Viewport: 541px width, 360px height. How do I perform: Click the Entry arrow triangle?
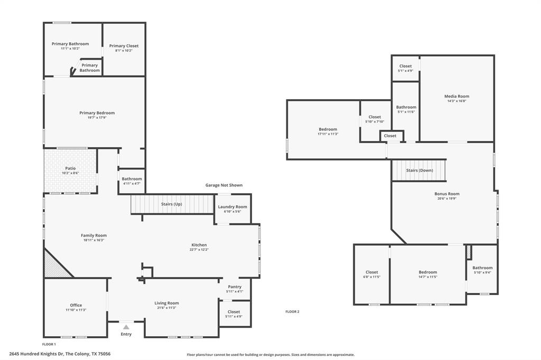pyautogui.click(x=126, y=327)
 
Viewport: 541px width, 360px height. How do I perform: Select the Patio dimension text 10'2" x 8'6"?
pyautogui.click(x=70, y=173)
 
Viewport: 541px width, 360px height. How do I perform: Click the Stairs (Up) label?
pyautogui.click(x=172, y=204)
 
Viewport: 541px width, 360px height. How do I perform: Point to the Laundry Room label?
pyautogui.click(x=232, y=207)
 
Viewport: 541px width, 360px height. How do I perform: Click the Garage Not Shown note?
pyautogui.click(x=224, y=185)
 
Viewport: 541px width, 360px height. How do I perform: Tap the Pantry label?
pyautogui.click(x=235, y=287)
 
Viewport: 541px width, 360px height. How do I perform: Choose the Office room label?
pyautogui.click(x=76, y=305)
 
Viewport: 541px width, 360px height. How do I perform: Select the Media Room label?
pyautogui.click(x=456, y=96)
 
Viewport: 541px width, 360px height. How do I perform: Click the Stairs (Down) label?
pyautogui.click(x=419, y=170)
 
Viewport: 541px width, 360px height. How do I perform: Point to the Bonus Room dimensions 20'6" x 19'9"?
pyautogui.click(x=447, y=198)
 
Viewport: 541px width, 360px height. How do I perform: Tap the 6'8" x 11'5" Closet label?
pyautogui.click(x=371, y=272)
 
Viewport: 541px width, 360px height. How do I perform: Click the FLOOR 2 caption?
pyautogui.click(x=292, y=312)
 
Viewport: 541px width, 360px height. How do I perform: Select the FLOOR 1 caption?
pyautogui.click(x=49, y=344)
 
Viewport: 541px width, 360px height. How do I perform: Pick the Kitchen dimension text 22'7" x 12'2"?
pyautogui.click(x=199, y=250)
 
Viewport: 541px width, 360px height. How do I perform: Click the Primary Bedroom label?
pyautogui.click(x=97, y=113)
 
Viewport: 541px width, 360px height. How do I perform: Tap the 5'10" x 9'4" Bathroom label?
pyautogui.click(x=482, y=268)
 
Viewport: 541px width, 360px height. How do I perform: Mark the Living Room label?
pyautogui.click(x=166, y=303)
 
